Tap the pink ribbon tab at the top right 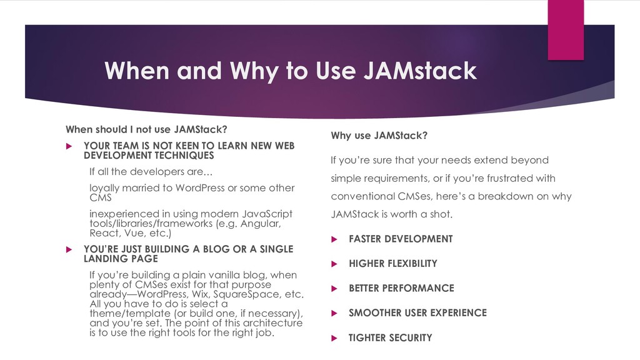click(x=565, y=30)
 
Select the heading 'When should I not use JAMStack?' click(x=146, y=130)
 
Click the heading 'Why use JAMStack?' click(x=378, y=136)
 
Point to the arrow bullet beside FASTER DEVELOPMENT click(x=334, y=239)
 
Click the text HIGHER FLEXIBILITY click(x=392, y=264)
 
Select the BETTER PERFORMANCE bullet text click(x=401, y=288)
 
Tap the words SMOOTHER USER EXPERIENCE click(x=417, y=312)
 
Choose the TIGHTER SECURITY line click(x=390, y=337)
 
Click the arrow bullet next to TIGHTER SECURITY click(x=334, y=337)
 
